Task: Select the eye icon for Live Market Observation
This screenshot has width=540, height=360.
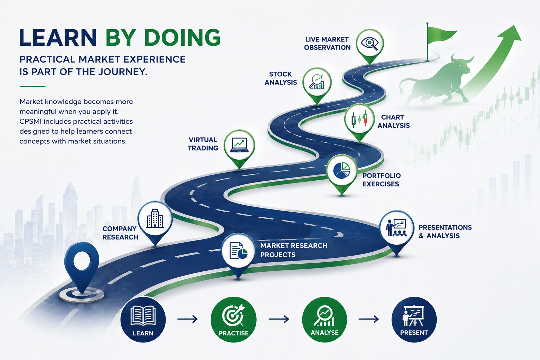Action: point(369,43)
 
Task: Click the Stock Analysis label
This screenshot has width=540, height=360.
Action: point(281,78)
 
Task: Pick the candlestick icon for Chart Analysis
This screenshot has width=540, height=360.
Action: point(359,118)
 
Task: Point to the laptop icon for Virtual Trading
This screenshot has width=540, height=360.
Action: point(239,145)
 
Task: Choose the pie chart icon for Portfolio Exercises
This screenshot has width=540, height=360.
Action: point(342,170)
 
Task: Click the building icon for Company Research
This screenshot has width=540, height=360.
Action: point(155,218)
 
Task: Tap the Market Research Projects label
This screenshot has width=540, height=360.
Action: point(294,250)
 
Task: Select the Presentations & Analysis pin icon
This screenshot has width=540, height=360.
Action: point(397,227)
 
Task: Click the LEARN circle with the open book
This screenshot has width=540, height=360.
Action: point(143,319)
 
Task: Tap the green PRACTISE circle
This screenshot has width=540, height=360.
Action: point(233,320)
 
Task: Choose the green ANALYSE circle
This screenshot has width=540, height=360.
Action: point(324,319)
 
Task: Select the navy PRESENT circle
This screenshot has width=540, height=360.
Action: point(414,319)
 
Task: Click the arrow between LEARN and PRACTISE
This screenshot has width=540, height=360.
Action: point(187,319)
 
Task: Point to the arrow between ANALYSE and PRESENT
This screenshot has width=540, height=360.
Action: point(368,319)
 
